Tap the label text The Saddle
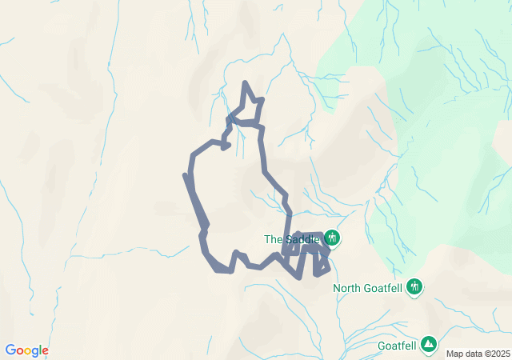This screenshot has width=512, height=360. click(292, 239)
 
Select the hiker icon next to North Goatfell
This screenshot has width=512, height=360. click(414, 286)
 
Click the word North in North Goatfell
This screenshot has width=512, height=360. click(347, 288)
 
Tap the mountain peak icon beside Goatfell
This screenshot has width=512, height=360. click(430, 344)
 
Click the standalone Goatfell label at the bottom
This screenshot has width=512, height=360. click(396, 346)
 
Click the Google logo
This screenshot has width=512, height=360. click(26, 350)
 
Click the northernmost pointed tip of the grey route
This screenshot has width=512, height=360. click(245, 82)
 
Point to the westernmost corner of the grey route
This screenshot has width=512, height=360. click(186, 174)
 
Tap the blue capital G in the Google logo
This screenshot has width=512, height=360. click(10, 350)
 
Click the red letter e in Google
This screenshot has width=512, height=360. click(45, 351)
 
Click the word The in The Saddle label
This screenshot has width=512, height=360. click(273, 239)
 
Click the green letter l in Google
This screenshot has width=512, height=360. click(39, 350)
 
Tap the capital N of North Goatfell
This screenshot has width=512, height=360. click(336, 288)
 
